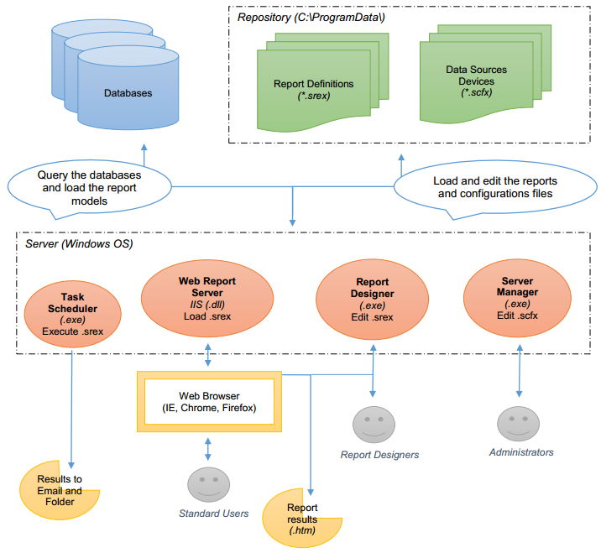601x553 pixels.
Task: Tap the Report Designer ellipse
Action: [x=372, y=300]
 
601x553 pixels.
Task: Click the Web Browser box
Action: [x=208, y=401]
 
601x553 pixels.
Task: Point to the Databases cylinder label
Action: [x=128, y=93]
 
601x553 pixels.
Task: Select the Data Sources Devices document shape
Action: [x=476, y=82]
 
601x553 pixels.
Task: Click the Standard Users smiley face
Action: [x=207, y=486]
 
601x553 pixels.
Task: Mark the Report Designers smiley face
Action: [x=373, y=425]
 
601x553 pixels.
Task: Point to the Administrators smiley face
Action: [x=515, y=424]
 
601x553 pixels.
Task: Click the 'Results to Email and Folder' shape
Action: [x=60, y=491]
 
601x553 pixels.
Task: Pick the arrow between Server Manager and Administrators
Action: [x=514, y=373]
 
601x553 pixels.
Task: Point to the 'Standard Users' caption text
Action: [x=213, y=512]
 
